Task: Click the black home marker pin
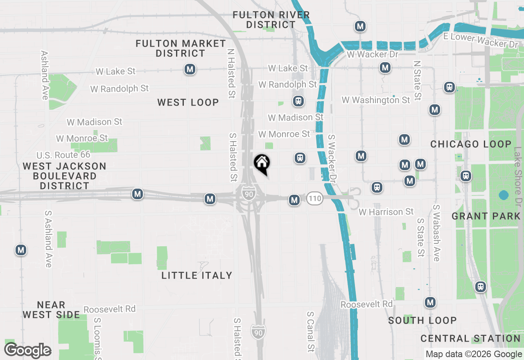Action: tap(262, 164)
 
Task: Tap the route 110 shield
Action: tap(315, 199)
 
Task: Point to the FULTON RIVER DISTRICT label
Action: tap(271, 20)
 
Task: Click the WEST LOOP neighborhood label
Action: tap(188, 102)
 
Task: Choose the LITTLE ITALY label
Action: tap(197, 275)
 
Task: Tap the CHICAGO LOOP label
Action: tap(471, 144)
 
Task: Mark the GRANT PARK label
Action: tap(486, 216)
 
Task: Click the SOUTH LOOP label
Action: tap(422, 320)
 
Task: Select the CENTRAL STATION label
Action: tap(470, 338)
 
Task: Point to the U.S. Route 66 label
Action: tap(63, 155)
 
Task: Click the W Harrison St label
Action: tap(386, 212)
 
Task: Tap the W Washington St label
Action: tap(376, 100)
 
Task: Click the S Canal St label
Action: tap(311, 332)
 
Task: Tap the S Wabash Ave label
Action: tap(436, 233)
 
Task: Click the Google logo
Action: tap(28, 351)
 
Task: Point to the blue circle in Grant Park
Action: tap(504, 195)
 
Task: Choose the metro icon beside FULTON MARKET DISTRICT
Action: tap(190, 69)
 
